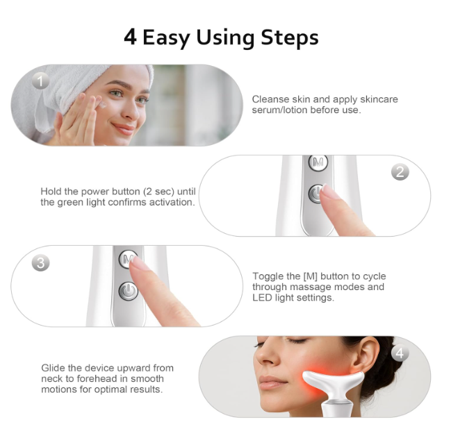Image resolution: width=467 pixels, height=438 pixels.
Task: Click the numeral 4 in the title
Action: click(x=130, y=37)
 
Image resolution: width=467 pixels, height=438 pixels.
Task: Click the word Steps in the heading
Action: click(x=290, y=37)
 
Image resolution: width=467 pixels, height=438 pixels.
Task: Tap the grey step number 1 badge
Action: click(x=40, y=81)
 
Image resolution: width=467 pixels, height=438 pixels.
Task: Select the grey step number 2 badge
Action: click(x=400, y=171)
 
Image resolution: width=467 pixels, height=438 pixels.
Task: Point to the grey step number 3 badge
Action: click(x=41, y=263)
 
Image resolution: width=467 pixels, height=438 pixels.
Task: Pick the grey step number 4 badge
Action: click(x=400, y=353)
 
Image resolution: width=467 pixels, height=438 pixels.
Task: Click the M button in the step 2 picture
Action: click(x=318, y=162)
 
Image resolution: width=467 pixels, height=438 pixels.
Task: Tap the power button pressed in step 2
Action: click(x=316, y=194)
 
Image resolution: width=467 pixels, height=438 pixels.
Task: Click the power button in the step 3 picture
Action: click(x=128, y=291)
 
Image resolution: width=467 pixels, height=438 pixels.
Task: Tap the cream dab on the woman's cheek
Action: click(x=103, y=105)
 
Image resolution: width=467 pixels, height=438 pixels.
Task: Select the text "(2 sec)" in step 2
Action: click(x=159, y=192)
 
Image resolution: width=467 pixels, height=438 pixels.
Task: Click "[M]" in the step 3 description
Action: click(x=310, y=276)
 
